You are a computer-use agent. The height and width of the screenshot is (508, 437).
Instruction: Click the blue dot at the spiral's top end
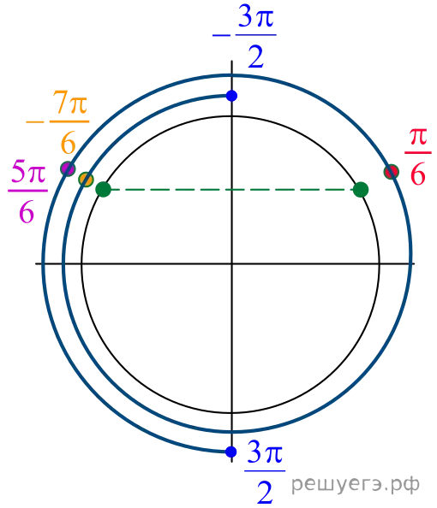pos(231,96)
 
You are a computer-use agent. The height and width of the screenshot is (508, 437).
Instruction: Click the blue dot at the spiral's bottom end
pos(230,452)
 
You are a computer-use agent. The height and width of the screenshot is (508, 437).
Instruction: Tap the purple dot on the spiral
pos(68,168)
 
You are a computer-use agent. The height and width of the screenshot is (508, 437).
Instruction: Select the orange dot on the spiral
pos(86,179)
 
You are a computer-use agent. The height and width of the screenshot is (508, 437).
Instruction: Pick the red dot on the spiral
pos(392,172)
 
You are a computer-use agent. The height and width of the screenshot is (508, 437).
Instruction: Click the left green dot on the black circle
pos(103,190)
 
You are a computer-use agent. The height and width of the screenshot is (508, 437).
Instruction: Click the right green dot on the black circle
pos(361,190)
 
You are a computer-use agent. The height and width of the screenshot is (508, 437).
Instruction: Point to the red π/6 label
pos(418,157)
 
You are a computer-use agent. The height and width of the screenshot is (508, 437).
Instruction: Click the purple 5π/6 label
pos(27,192)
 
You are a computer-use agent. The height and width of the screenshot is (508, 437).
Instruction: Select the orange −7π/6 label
pos(57,122)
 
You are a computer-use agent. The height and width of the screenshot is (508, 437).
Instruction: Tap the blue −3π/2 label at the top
pos(244,36)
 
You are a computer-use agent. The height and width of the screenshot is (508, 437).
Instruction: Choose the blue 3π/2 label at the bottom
pos(265,472)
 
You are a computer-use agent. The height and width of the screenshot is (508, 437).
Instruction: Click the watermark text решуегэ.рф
pos(356,485)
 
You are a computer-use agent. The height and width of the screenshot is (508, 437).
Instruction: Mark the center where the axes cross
pos(231,263)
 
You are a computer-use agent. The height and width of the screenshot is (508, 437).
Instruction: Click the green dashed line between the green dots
pos(232,190)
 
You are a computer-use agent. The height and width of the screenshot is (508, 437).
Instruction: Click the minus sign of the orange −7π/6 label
pos(35,122)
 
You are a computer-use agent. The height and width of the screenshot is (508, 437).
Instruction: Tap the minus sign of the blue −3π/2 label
pos(221,35)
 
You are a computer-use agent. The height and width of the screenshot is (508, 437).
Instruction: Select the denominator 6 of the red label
pos(418,174)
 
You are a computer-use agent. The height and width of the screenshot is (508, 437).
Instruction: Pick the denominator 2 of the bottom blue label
pos(265,492)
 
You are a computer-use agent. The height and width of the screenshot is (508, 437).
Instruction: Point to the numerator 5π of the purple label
pos(28,172)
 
